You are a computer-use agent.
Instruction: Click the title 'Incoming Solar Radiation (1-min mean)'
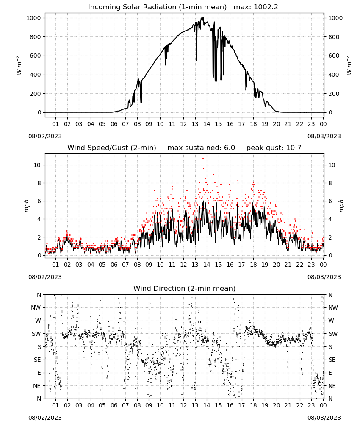(157, 7)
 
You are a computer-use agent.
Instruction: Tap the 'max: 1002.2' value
(255, 7)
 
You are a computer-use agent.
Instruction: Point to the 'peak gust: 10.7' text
(274, 148)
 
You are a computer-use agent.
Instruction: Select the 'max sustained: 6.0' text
(201, 148)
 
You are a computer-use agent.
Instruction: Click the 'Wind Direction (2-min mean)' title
(185, 288)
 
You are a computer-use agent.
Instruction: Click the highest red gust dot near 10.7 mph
(203, 159)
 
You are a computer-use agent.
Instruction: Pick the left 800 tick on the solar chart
(36, 37)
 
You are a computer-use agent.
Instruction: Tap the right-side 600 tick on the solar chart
(334, 56)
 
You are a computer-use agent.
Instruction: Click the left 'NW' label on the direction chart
(36, 308)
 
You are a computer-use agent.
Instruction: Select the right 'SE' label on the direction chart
(332, 360)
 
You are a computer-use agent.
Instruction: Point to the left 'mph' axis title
(27, 206)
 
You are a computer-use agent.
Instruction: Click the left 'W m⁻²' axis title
(19, 65)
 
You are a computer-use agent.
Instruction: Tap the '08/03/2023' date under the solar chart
(324, 136)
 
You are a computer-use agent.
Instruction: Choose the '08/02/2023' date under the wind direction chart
(45, 418)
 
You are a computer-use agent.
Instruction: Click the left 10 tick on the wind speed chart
(37, 165)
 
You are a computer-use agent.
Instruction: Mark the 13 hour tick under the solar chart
(195, 124)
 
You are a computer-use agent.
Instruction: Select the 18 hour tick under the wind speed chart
(253, 265)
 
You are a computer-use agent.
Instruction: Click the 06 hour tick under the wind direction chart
(114, 405)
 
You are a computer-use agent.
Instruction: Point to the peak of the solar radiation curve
(202, 17)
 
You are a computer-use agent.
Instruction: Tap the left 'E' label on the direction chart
(39, 373)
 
